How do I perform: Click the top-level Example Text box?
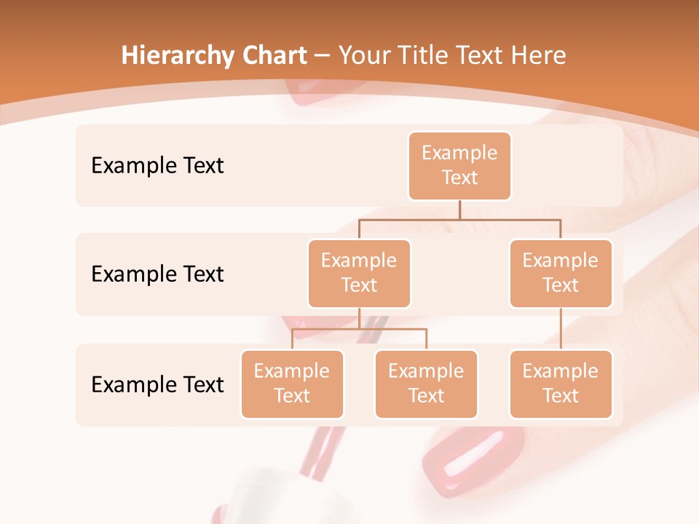click(459, 166)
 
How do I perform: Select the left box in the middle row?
click(359, 274)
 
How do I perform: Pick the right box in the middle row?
click(561, 274)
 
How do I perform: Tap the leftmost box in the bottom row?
click(292, 384)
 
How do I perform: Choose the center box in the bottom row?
click(426, 384)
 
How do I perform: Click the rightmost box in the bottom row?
click(561, 384)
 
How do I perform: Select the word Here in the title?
click(539, 55)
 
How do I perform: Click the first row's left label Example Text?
click(157, 166)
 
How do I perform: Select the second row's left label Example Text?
click(157, 274)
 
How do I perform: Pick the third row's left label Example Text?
click(157, 384)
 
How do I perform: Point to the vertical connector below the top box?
click(459, 210)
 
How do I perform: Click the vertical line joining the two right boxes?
click(561, 329)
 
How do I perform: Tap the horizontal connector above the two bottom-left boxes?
click(359, 329)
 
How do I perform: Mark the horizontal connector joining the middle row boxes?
click(459, 218)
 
